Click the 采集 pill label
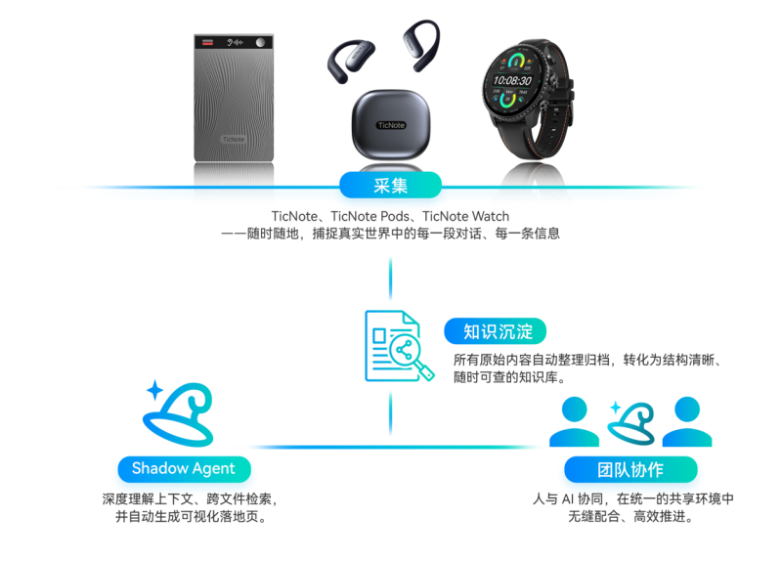point(390,186)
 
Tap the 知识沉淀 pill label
point(496,331)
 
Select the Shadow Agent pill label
point(184,469)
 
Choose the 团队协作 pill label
point(630,469)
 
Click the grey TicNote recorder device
point(234,98)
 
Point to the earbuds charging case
point(391,125)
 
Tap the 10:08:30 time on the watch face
point(512,80)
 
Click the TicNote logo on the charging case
point(391,125)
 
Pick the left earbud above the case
point(351,61)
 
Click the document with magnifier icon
point(399,346)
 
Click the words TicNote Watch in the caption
point(466,216)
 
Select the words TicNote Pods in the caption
point(370,216)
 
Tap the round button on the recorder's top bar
point(260,42)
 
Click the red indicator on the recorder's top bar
point(207,42)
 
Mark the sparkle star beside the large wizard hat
point(155,390)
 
